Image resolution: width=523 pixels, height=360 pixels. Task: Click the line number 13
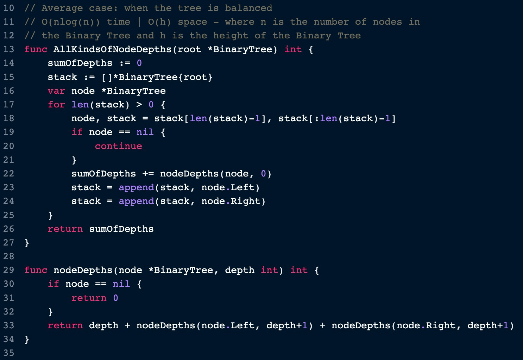[x=8, y=49]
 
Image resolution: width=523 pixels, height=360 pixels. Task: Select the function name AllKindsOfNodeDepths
[x=112, y=49]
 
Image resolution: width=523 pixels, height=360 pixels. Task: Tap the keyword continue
[x=118, y=146]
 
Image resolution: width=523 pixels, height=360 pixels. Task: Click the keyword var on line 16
[x=56, y=91]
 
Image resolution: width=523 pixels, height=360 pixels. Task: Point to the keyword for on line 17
[x=56, y=105]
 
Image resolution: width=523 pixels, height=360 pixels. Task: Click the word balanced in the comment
[x=248, y=8]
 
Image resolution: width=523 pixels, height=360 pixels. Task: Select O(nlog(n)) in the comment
[x=71, y=22]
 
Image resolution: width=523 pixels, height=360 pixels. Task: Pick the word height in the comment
[x=231, y=36]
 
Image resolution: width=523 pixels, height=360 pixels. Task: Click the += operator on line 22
[x=148, y=174]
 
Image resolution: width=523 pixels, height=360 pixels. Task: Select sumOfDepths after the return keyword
[x=121, y=229]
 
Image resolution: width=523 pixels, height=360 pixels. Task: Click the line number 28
[x=8, y=256]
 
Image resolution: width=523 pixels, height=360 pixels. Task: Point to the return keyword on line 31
[x=89, y=298]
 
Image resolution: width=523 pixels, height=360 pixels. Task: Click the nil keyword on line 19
[x=145, y=132]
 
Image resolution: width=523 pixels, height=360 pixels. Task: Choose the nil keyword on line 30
[x=121, y=284]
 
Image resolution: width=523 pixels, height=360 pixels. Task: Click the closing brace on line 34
[x=27, y=340]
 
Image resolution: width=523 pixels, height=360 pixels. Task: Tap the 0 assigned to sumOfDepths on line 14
[x=139, y=63]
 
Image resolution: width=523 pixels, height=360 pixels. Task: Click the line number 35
[x=8, y=353]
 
